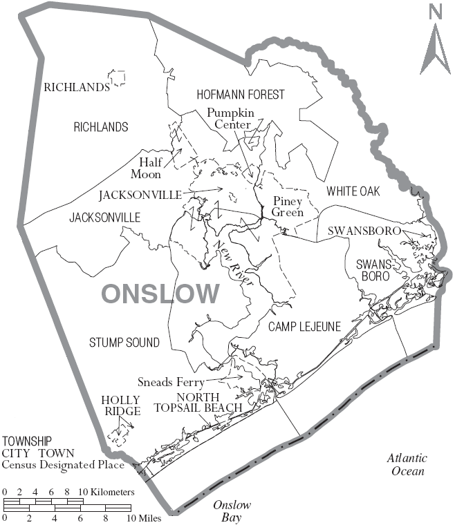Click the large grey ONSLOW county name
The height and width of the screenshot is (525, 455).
(160, 294)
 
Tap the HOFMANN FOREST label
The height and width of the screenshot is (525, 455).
(241, 95)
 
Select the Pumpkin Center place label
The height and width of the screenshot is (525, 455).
(232, 119)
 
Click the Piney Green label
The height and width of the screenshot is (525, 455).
(288, 207)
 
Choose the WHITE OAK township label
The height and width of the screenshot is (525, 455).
(353, 191)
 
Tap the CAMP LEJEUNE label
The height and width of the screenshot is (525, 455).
(305, 327)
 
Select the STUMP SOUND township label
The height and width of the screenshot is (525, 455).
(124, 343)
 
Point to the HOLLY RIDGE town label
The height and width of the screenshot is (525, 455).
(121, 405)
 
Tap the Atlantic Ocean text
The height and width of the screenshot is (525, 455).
(407, 464)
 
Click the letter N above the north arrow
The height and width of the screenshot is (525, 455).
(435, 12)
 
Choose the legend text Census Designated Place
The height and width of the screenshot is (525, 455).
(63, 465)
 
